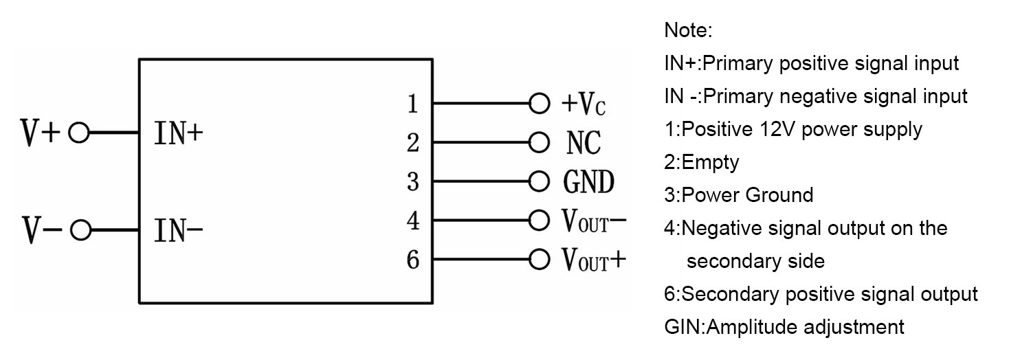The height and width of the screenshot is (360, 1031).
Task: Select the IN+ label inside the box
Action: tap(179, 133)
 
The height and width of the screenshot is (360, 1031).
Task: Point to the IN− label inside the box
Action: tap(179, 230)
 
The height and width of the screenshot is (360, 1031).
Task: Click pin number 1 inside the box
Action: tap(413, 104)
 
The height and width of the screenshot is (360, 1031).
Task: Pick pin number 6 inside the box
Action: tap(413, 260)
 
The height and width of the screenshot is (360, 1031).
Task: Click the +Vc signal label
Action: tap(584, 104)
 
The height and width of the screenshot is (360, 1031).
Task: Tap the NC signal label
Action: tap(584, 142)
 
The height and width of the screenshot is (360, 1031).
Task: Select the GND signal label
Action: tap(588, 181)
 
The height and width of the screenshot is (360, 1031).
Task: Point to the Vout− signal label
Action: tap(594, 221)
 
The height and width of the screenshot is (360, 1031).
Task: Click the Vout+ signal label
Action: tap(594, 260)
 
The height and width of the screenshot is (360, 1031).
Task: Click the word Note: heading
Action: tap(688, 30)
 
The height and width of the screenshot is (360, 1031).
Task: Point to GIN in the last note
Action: tap(682, 327)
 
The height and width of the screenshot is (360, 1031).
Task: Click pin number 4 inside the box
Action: tap(413, 221)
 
